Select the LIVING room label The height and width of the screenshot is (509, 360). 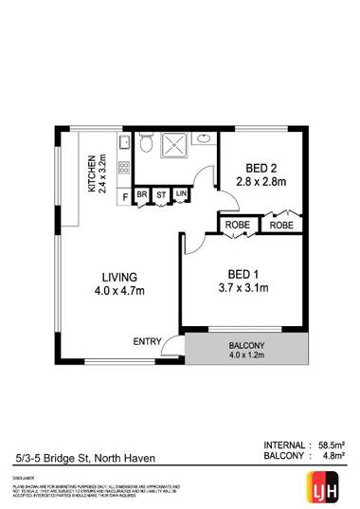[x=121, y=277]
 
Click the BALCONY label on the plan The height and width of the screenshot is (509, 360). [x=247, y=345]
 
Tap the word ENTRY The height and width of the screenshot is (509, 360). [x=147, y=341]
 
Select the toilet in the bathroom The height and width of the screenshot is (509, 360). [x=145, y=145]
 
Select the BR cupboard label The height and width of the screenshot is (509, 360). [x=141, y=196]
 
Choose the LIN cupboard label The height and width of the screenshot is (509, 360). [x=180, y=196]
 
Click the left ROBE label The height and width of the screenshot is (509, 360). [x=236, y=226]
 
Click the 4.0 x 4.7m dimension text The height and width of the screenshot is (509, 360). [x=121, y=294]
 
